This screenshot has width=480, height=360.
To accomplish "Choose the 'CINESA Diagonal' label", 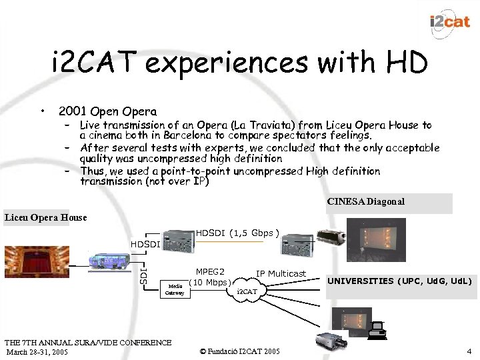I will [x=365, y=201].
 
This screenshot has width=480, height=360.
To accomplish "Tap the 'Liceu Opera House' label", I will [x=45, y=217].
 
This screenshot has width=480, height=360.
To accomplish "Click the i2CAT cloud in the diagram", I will [x=247, y=291].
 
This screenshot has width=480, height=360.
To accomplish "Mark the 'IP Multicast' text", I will [x=281, y=274].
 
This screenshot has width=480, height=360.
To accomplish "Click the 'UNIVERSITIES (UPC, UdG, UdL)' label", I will [x=399, y=281].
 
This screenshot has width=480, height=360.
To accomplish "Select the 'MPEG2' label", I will [x=210, y=271].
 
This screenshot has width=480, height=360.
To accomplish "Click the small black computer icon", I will [x=377, y=328].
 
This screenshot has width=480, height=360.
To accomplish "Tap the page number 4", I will [x=469, y=351].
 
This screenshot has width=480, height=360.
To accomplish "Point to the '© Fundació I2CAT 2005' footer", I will [x=240, y=351].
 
